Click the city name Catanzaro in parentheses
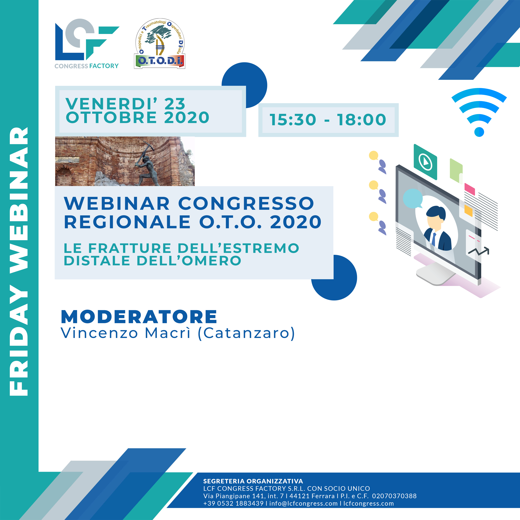[x=246, y=333]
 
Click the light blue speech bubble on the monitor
[x=413, y=198]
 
